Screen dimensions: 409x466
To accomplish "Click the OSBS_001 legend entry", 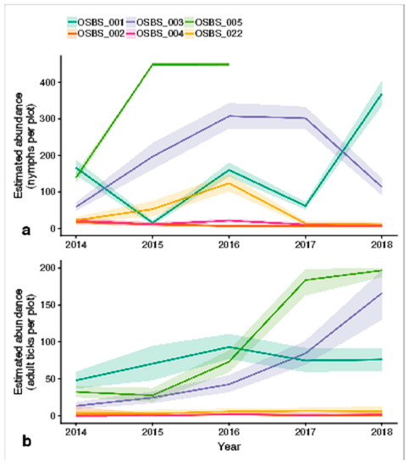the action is (96, 22).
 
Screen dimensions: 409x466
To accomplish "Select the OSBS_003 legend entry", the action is (155, 22).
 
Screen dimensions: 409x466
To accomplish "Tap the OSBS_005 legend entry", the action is (213, 22).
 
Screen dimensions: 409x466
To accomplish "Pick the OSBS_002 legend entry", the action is (96, 34).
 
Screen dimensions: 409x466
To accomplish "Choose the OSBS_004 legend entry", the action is (155, 34).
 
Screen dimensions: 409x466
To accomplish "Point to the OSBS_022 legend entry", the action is (213, 34).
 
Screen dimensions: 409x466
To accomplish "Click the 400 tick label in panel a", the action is (47, 82).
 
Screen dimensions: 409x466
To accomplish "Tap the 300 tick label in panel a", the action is (47, 119).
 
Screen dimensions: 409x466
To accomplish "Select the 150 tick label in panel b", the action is (47, 305).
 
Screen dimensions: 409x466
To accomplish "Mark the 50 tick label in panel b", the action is (50, 379).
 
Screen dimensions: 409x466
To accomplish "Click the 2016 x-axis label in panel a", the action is (229, 245).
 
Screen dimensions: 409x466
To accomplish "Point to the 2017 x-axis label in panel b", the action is (305, 431).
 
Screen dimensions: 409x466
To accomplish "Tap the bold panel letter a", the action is (26, 230).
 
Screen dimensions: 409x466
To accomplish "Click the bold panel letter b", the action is (26, 441).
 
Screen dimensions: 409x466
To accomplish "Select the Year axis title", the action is (229, 447).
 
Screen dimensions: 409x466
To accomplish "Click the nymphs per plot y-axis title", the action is (25, 146).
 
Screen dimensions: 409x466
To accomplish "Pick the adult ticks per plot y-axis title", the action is (25, 341).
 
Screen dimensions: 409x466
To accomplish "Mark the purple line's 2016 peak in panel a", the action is (229, 116).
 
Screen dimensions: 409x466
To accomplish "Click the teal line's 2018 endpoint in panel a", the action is (381, 94).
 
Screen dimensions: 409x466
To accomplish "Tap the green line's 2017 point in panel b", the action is (306, 280).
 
